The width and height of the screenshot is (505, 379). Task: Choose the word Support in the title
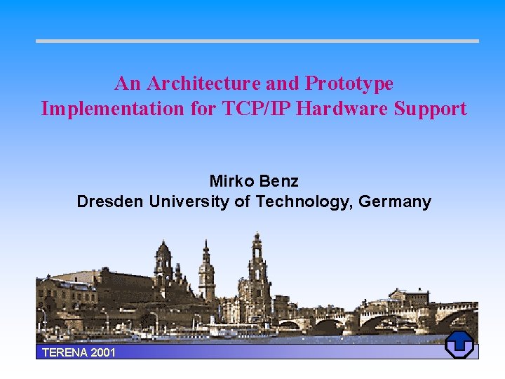431,109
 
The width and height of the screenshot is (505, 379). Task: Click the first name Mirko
232,181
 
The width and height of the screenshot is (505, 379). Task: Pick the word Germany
395,202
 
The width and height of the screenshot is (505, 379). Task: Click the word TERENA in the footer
65,352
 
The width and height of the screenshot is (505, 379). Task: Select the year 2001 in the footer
103,352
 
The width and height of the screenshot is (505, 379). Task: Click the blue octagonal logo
459,345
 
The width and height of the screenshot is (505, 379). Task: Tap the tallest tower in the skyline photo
257,270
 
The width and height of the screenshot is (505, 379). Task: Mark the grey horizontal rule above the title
257,41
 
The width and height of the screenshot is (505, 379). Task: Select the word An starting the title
128,84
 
